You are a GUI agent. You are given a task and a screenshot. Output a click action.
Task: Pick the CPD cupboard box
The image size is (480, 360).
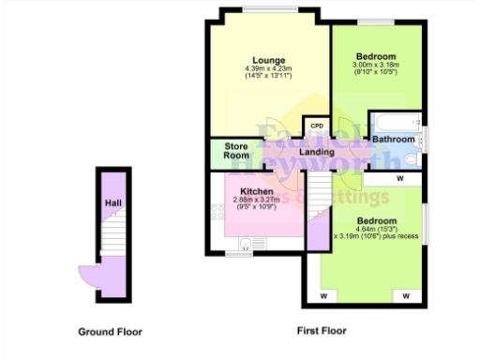316,127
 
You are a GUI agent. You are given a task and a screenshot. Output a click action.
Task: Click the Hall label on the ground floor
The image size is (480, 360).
112,202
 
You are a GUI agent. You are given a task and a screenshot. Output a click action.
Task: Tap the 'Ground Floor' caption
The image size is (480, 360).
111,331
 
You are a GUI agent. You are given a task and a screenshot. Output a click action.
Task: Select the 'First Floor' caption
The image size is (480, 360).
322,331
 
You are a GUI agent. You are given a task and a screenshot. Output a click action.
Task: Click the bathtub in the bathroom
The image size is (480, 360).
394,121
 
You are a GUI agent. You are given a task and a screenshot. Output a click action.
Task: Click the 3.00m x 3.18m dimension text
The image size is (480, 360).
374,65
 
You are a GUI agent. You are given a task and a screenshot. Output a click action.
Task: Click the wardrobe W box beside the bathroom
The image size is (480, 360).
398,177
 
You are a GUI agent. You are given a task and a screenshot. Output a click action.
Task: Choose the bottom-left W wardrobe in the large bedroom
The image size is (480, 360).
322,296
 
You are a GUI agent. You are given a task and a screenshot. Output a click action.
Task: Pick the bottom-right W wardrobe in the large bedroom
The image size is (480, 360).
407,296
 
